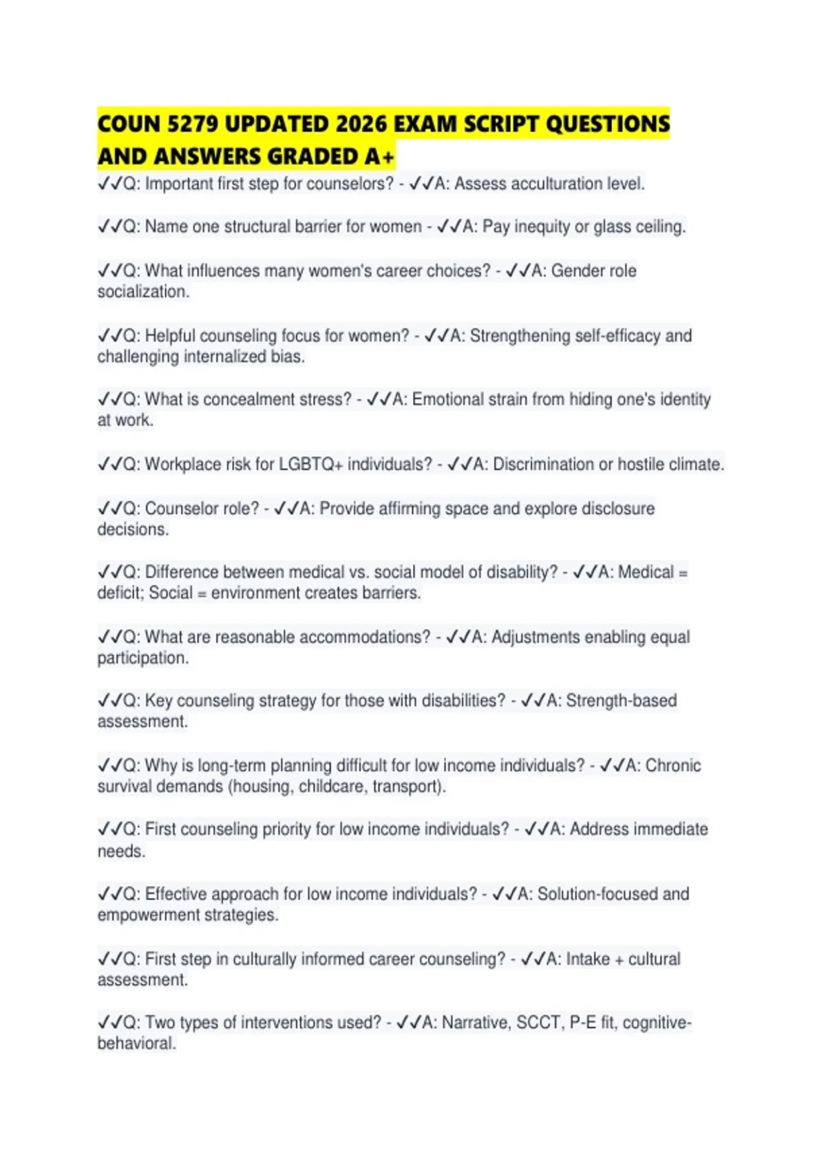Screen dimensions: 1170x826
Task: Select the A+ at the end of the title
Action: point(379,157)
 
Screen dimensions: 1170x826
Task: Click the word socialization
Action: point(142,292)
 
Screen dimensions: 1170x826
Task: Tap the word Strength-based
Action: point(621,701)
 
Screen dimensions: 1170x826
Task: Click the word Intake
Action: point(588,959)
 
